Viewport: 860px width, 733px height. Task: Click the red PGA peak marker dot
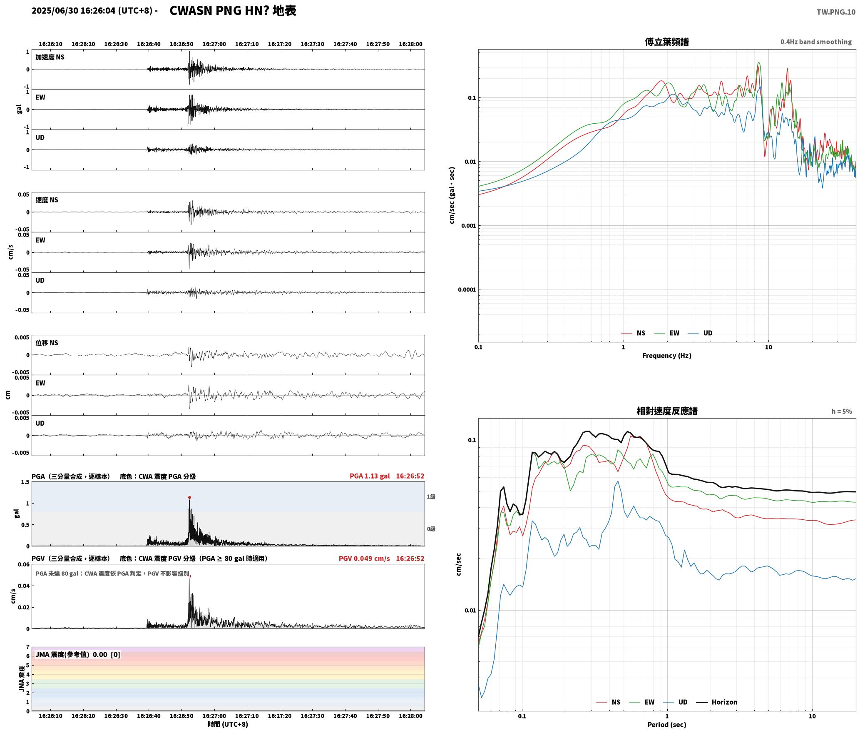189,497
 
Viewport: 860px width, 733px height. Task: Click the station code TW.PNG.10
836,12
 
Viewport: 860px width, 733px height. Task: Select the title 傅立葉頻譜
666,42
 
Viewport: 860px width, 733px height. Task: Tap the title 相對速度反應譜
667,411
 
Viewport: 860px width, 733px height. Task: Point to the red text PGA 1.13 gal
370,476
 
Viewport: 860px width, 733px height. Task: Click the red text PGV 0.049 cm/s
364,558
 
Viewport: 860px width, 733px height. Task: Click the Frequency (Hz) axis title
666,356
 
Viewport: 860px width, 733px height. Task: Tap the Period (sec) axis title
666,725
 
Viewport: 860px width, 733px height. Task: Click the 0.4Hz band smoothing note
816,42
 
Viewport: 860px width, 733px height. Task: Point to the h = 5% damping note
842,411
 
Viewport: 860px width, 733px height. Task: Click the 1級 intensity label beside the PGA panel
431,496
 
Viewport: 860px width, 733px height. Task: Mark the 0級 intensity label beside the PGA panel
431,529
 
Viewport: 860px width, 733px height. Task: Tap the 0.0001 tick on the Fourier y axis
467,290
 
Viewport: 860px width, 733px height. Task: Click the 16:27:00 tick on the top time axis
214,44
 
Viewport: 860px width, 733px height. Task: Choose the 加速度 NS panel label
50,57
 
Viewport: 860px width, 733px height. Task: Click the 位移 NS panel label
47,343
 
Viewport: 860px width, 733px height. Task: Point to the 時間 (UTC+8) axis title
228,724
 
